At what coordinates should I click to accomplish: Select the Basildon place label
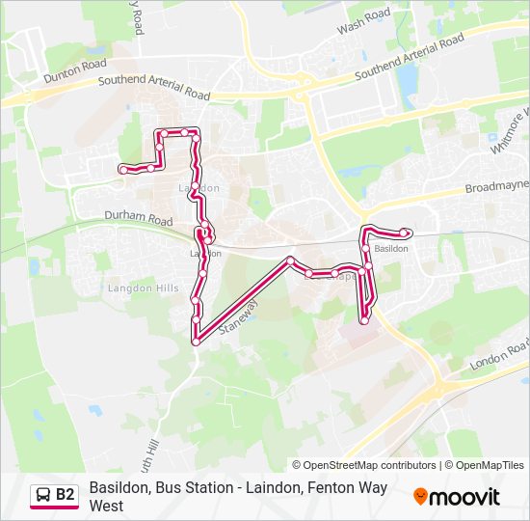point(391,248)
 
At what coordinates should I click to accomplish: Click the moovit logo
point(457,497)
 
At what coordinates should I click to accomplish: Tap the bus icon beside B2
point(41,496)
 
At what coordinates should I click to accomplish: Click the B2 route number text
point(66,496)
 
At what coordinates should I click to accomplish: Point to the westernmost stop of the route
point(122,169)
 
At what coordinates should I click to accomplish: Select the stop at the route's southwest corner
point(196,342)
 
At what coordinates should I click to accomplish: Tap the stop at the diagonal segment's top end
point(289,260)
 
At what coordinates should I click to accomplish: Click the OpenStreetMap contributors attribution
point(369,465)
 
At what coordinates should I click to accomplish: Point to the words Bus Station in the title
point(192,488)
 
